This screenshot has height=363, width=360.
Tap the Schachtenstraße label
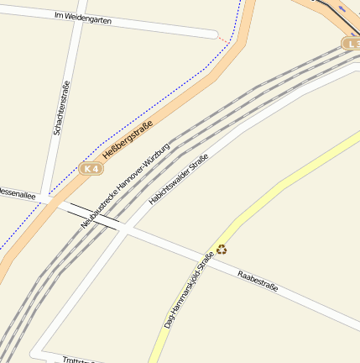60,108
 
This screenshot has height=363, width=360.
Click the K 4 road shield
91,169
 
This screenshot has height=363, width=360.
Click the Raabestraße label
257,281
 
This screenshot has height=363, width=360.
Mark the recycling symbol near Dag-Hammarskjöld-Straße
222,249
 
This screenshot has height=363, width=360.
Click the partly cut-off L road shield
352,43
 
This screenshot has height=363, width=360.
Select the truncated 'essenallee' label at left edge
17,194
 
